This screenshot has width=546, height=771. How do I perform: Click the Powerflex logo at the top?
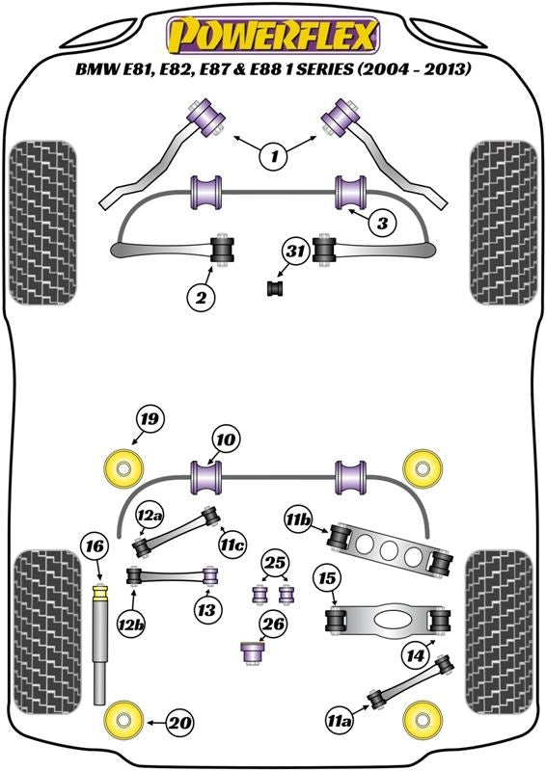273,36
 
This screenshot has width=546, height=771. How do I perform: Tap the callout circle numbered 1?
274,156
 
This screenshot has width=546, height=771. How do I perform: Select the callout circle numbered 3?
383,224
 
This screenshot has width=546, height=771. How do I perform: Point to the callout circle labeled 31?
295,252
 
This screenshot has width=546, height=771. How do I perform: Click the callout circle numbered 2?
201,297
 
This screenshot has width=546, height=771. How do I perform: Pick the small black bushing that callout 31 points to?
276,288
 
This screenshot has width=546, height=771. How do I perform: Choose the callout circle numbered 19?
150,419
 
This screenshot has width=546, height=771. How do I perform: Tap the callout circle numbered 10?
226,439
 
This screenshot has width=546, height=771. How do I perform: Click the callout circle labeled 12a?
150,515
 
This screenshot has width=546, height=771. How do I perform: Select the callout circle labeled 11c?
232,545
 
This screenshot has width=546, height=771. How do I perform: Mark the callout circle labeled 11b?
298,519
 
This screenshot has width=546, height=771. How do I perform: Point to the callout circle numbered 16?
96,546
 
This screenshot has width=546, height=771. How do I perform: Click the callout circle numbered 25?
275,563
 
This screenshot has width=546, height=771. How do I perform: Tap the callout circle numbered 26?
274,625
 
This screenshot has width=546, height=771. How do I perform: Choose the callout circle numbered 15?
327,579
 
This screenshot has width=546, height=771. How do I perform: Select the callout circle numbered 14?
415,655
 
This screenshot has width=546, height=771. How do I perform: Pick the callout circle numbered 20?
179,723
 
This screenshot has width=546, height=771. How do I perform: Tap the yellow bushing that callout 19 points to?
124,467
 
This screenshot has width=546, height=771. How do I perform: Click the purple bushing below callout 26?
253,653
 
